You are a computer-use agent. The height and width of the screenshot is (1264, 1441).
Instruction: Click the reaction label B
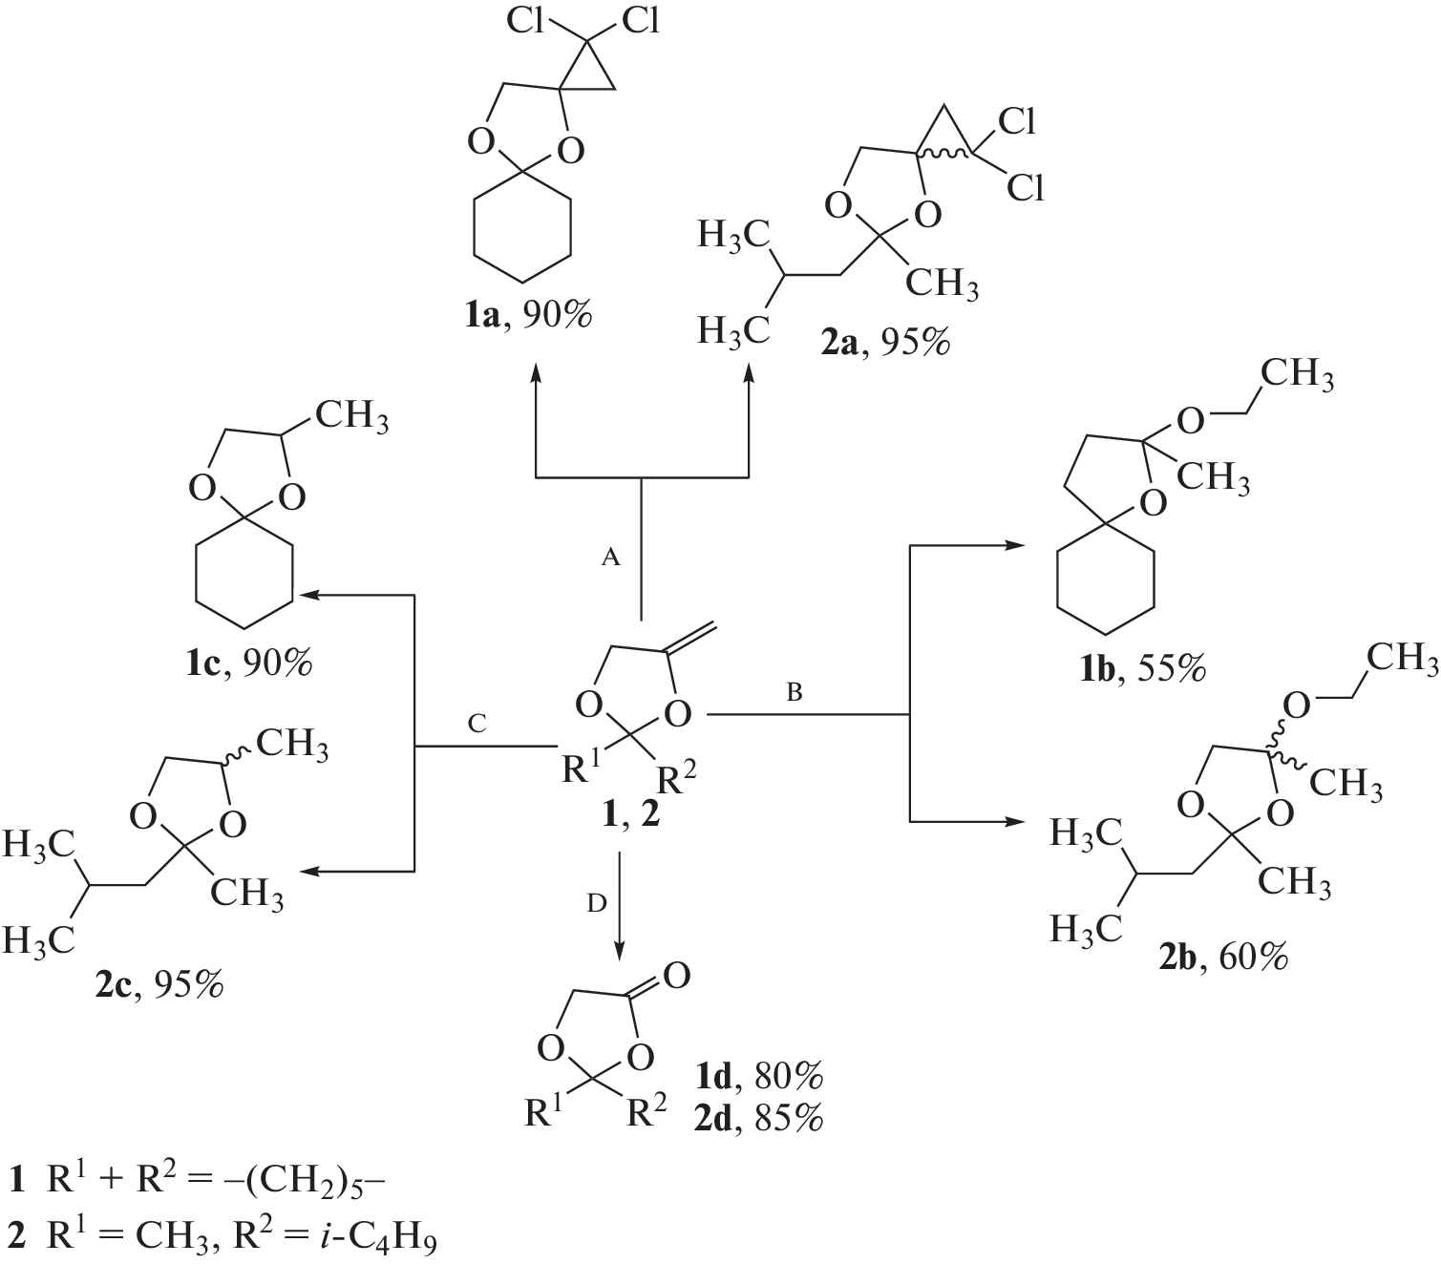(795, 693)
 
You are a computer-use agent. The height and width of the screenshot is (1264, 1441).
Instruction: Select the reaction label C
(477, 726)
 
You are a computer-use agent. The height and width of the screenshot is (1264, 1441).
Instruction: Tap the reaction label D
(597, 903)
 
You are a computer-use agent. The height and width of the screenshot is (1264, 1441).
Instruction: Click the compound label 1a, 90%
(527, 316)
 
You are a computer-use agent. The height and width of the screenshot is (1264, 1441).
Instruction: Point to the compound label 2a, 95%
(885, 341)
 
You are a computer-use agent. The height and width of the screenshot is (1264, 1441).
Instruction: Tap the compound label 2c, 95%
(159, 984)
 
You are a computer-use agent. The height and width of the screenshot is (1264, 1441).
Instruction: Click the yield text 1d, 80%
(758, 1077)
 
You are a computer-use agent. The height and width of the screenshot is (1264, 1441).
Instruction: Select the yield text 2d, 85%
(758, 1118)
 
